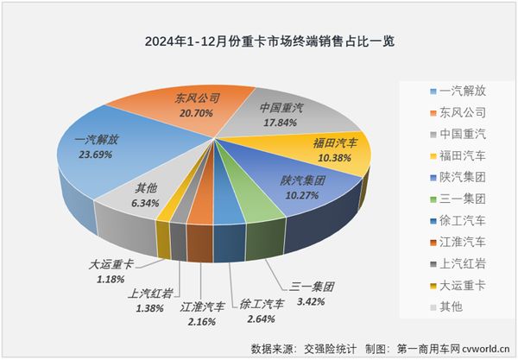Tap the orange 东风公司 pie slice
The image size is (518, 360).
pos(173,108)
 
